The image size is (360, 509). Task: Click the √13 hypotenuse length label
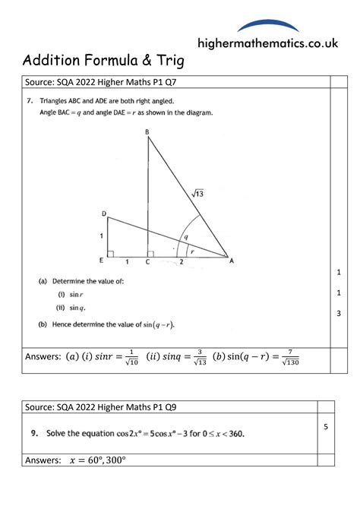tap(197, 194)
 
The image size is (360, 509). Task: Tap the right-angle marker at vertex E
tap(111, 254)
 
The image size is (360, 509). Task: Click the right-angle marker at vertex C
tap(150, 254)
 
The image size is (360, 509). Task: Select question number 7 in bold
tap(29, 100)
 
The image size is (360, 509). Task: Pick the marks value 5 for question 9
tap(326, 427)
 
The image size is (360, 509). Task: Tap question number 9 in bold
tap(35, 434)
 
